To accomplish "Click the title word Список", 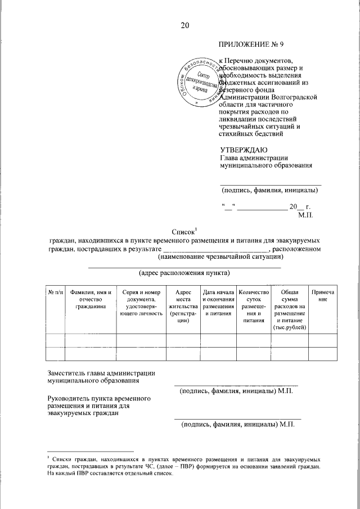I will [184, 231].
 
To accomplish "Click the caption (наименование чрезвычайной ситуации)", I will [220, 257].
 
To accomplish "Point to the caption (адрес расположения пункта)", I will [184, 274].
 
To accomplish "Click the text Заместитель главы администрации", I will [101, 372].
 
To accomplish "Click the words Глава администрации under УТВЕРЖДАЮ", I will [254, 157].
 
